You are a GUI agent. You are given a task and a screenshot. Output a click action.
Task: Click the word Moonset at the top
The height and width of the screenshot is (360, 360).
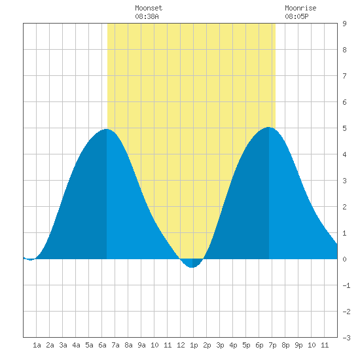click(x=149, y=8)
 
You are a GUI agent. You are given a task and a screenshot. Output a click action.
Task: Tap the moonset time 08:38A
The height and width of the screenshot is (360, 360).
click(x=147, y=16)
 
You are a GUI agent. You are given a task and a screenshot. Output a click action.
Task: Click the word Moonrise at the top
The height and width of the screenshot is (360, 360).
click(x=300, y=8)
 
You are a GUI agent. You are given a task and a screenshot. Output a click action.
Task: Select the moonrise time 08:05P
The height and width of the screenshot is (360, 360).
click(x=297, y=16)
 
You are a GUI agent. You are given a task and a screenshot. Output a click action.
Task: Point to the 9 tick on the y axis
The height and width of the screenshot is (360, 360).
click(x=344, y=24)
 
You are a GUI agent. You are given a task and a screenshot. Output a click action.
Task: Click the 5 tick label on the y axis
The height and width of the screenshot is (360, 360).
click(x=344, y=128)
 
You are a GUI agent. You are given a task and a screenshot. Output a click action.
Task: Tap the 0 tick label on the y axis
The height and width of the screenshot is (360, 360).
click(x=344, y=259)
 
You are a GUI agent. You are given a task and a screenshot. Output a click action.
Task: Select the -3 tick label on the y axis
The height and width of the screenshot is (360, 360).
click(x=346, y=338)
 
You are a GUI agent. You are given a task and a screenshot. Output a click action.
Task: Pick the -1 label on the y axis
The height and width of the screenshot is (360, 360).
click(x=346, y=285)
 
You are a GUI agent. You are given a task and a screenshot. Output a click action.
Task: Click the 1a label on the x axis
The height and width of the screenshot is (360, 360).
click(x=37, y=345)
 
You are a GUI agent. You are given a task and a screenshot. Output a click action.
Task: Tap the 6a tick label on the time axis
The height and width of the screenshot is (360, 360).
click(x=102, y=345)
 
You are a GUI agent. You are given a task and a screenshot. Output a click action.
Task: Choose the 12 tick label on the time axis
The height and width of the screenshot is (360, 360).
click(x=181, y=345)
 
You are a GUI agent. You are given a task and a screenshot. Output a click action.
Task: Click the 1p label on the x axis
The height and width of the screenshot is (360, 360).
click(x=194, y=346)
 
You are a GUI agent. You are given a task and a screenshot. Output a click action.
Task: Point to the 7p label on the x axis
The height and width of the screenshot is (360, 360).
click(x=272, y=346)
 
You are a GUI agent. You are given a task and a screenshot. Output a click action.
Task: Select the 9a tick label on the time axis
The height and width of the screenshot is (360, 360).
click(x=141, y=345)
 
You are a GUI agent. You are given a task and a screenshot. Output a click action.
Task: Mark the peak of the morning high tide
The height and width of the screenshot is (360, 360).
click(x=106, y=129)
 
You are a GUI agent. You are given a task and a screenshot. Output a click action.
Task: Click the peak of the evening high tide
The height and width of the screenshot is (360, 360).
click(x=268, y=127)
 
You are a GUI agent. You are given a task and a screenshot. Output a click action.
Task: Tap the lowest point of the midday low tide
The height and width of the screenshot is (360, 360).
click(x=192, y=268)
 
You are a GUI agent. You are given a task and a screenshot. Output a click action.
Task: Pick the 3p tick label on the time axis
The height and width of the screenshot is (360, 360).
click(x=220, y=346)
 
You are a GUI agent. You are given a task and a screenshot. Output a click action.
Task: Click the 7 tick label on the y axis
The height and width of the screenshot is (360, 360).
click(x=344, y=76)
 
